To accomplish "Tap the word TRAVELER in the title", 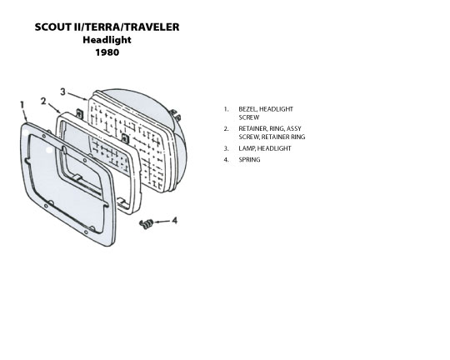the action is click(x=152, y=27).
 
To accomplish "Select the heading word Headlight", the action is click(x=107, y=40).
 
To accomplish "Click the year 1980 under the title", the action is click(x=107, y=52).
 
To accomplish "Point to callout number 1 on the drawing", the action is click(x=22, y=105).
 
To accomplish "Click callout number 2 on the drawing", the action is click(x=43, y=101).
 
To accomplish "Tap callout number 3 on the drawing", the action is click(x=62, y=92).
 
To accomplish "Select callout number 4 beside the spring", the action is click(x=174, y=221).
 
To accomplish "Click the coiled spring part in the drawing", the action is click(x=147, y=223).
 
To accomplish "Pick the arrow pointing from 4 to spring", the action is click(x=162, y=222).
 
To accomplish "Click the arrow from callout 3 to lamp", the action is click(x=77, y=96).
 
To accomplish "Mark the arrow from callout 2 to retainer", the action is click(x=54, y=107).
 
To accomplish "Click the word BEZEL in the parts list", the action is click(x=247, y=109).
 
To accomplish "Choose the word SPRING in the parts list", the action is click(x=249, y=160).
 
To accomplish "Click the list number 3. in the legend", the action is click(x=227, y=148).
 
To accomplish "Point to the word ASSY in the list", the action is click(x=294, y=128).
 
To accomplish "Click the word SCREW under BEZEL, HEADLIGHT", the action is click(x=249, y=117).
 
